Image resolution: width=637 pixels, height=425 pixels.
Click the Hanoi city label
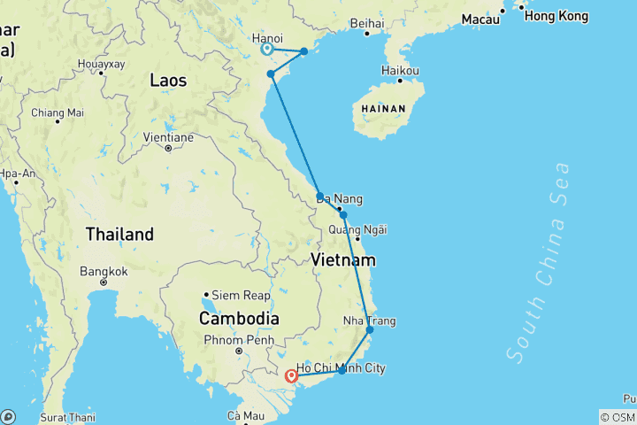click(x=267, y=39)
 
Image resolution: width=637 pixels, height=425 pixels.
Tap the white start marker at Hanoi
click(x=267, y=50)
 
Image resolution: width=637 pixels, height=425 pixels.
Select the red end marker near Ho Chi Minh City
click(x=291, y=376)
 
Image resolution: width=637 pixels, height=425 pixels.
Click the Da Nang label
click(x=340, y=199)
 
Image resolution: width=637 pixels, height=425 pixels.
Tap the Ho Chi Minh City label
click(x=342, y=367)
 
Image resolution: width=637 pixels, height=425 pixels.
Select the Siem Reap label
click(x=237, y=295)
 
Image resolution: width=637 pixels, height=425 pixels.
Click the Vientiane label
click(x=168, y=137)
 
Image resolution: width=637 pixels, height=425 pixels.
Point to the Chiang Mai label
click(x=57, y=112)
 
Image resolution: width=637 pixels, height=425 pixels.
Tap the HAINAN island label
click(x=381, y=109)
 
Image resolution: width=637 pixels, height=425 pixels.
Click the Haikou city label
click(x=399, y=70)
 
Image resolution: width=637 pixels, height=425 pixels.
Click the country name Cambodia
click(x=239, y=318)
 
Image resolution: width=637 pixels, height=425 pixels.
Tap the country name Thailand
click(x=119, y=235)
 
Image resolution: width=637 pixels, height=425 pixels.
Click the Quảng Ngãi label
click(x=357, y=230)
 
